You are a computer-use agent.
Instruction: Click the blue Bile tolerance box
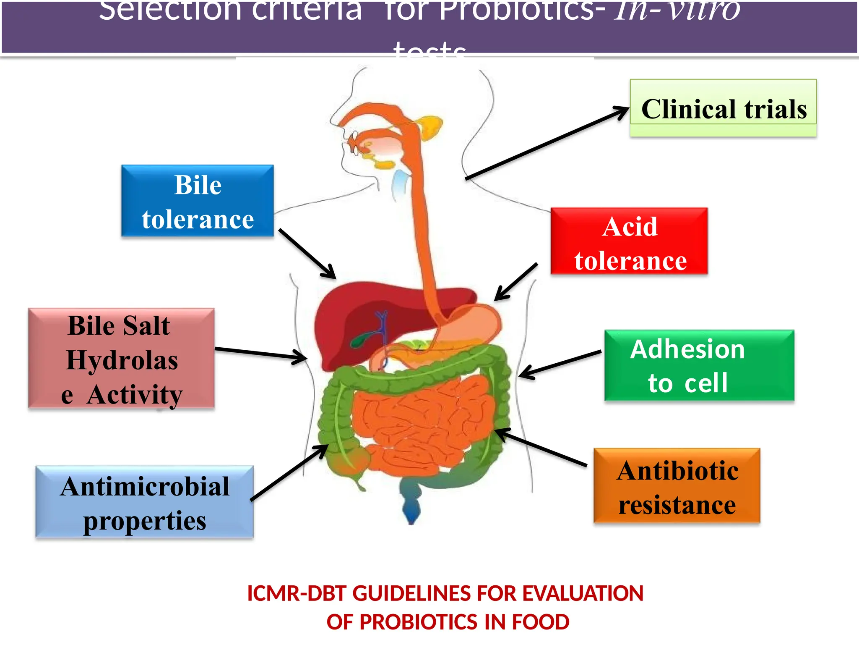(x=198, y=201)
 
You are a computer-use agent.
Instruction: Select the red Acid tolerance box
(x=629, y=241)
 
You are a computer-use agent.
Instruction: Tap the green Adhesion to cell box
(x=699, y=365)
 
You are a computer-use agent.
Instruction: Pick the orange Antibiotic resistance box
(x=677, y=485)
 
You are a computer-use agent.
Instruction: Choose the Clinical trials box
(x=723, y=108)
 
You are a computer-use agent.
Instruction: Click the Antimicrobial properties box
(x=144, y=502)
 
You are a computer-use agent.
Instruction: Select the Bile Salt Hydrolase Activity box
(x=121, y=358)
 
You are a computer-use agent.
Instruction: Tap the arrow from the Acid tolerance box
(x=516, y=281)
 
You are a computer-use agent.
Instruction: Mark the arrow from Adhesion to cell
(x=560, y=364)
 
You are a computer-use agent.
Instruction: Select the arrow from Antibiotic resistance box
(x=541, y=447)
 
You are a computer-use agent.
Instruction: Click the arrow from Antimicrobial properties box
(x=289, y=472)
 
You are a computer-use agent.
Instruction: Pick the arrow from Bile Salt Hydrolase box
(x=260, y=354)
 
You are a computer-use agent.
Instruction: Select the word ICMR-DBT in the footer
(x=299, y=594)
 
